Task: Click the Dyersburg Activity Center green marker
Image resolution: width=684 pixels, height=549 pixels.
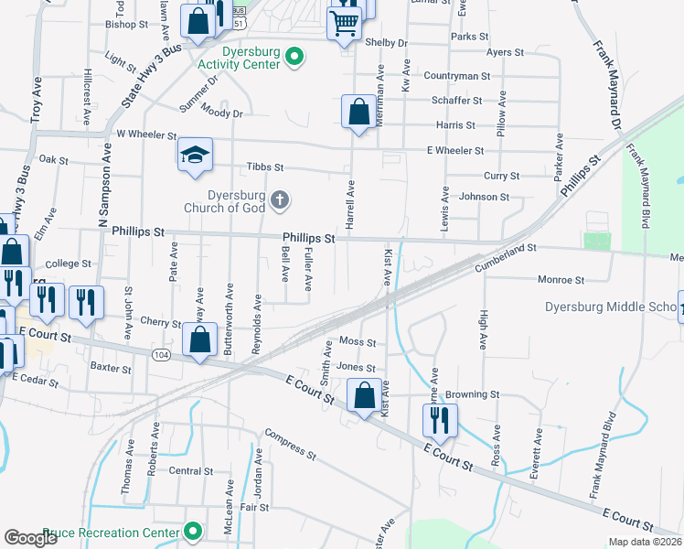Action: (x=294, y=58)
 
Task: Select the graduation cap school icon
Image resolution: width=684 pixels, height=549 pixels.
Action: (x=196, y=155)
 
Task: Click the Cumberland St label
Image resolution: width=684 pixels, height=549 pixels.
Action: (x=504, y=254)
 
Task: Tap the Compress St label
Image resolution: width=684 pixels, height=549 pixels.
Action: (x=290, y=443)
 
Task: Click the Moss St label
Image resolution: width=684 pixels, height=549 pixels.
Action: (x=358, y=341)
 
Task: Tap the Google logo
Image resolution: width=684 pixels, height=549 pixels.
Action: (x=31, y=538)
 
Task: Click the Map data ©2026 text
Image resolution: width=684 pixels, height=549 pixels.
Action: (x=645, y=542)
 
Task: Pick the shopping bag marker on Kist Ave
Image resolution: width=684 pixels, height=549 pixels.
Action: (x=365, y=396)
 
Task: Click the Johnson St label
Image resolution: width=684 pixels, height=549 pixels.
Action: (x=484, y=197)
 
